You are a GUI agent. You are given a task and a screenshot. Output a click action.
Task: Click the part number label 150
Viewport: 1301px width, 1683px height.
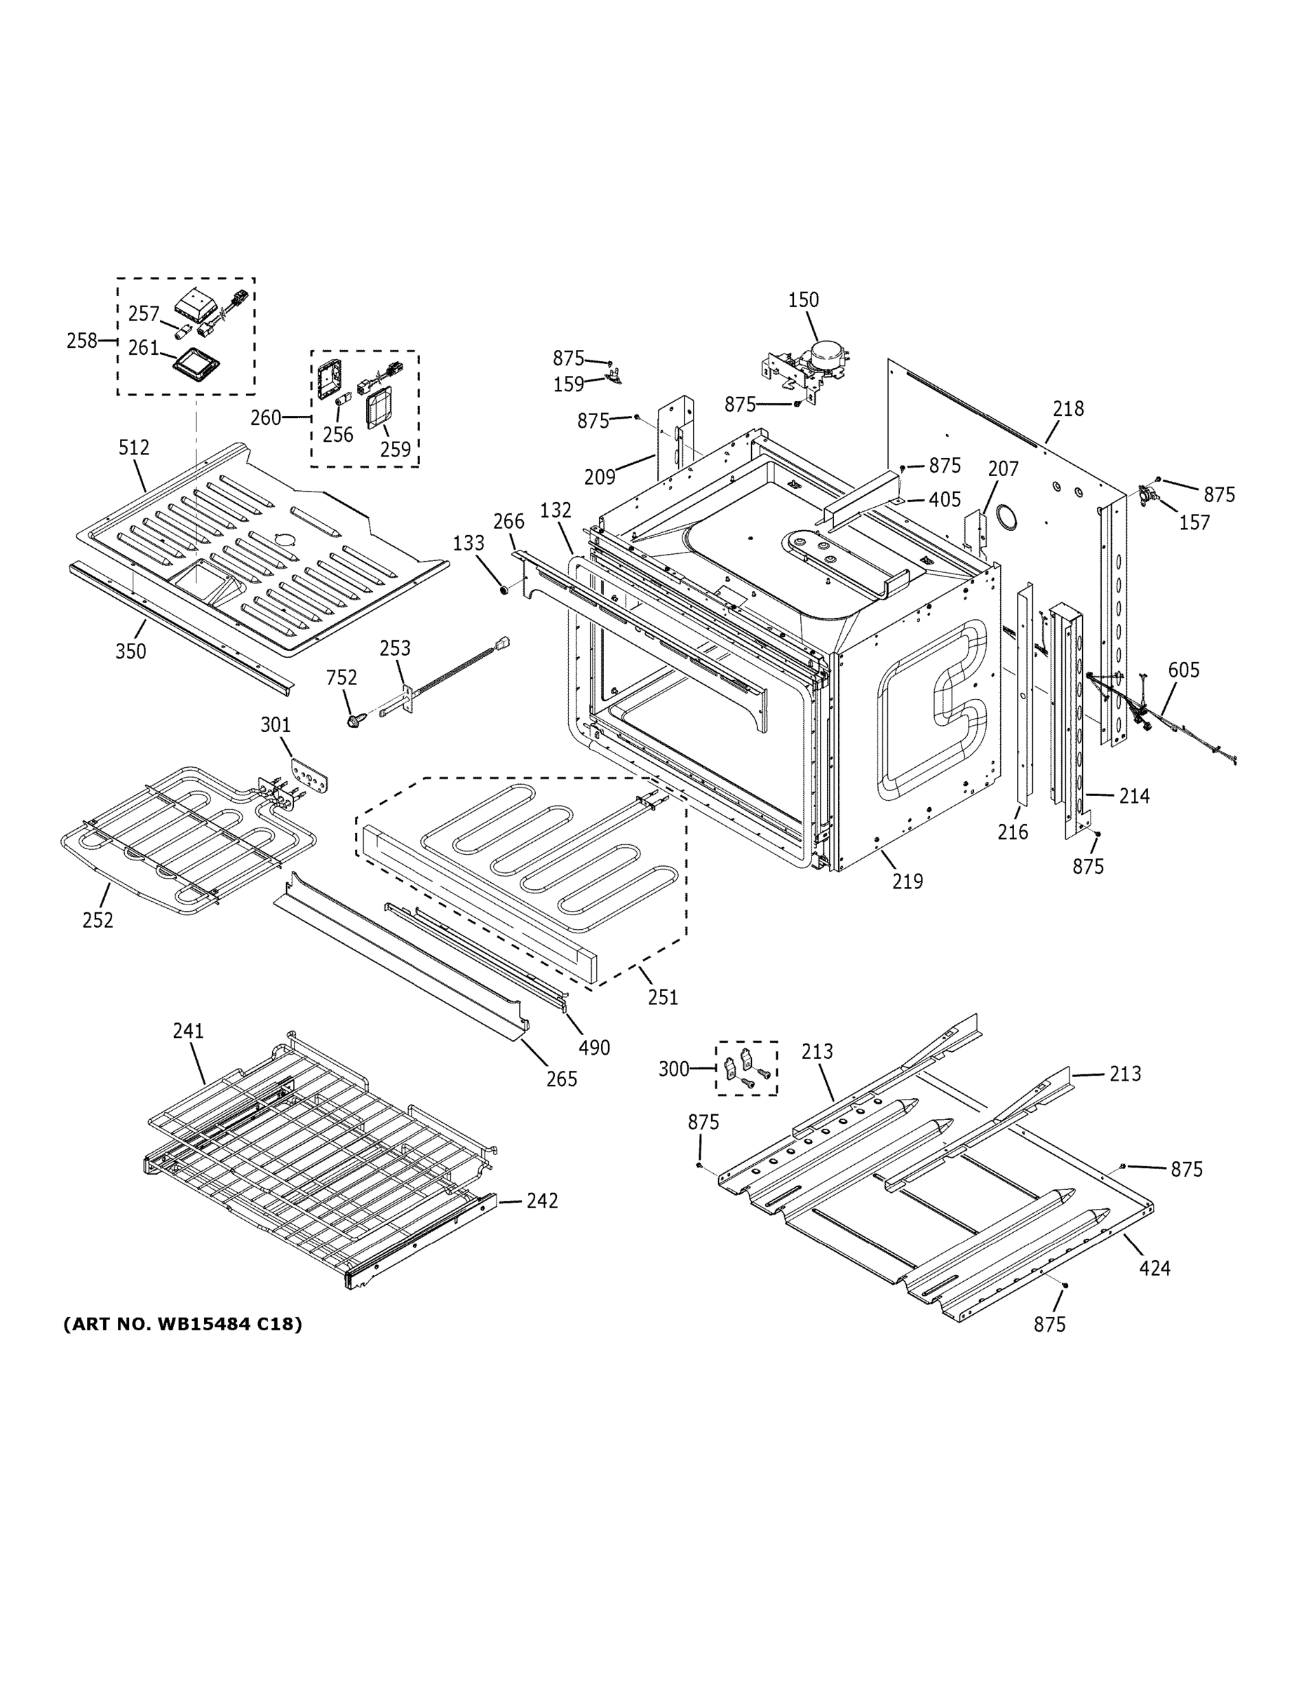pyautogui.click(x=803, y=299)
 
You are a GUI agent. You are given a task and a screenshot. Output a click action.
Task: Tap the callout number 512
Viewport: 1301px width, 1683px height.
pyautogui.click(x=134, y=447)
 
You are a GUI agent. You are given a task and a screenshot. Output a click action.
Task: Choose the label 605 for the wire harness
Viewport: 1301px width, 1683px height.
pyautogui.click(x=1183, y=670)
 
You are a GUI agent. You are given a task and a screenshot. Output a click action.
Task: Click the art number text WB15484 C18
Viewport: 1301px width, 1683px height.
pyautogui.click(x=182, y=1324)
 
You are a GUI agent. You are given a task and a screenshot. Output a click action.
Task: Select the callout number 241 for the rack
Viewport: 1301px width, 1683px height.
pyautogui.click(x=188, y=1030)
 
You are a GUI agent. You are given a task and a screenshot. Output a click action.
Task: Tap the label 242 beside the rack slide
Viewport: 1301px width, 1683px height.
pyautogui.click(x=542, y=1200)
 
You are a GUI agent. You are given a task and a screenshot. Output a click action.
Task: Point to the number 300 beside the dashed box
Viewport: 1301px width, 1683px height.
pyautogui.click(x=673, y=1069)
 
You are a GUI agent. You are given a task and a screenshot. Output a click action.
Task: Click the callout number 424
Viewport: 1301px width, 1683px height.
pyautogui.click(x=1154, y=1268)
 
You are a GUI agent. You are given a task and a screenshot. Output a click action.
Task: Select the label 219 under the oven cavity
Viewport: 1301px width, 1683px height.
pyautogui.click(x=907, y=881)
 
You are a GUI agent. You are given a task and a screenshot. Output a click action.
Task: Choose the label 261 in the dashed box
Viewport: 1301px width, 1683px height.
pyautogui.click(x=143, y=348)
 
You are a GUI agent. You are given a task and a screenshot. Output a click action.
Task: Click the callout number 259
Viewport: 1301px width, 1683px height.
pyautogui.click(x=396, y=449)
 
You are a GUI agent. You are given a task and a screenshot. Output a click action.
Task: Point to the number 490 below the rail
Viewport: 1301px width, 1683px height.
pyautogui.click(x=594, y=1047)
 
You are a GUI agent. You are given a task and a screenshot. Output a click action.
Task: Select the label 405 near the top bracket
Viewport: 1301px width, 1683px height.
pyautogui.click(x=944, y=499)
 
